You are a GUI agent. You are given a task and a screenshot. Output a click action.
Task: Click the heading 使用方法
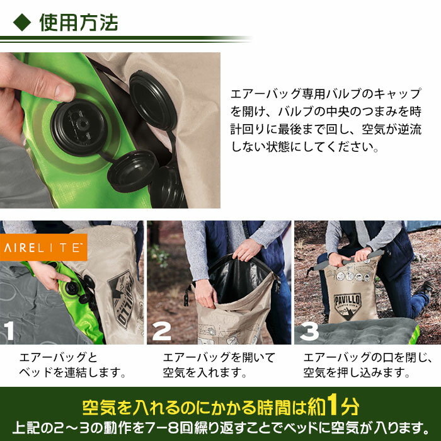(78, 23)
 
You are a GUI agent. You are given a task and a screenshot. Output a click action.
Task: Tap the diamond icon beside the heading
(22, 23)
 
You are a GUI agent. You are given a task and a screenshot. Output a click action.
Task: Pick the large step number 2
(162, 331)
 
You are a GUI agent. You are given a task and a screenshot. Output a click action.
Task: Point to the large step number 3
(309, 331)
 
